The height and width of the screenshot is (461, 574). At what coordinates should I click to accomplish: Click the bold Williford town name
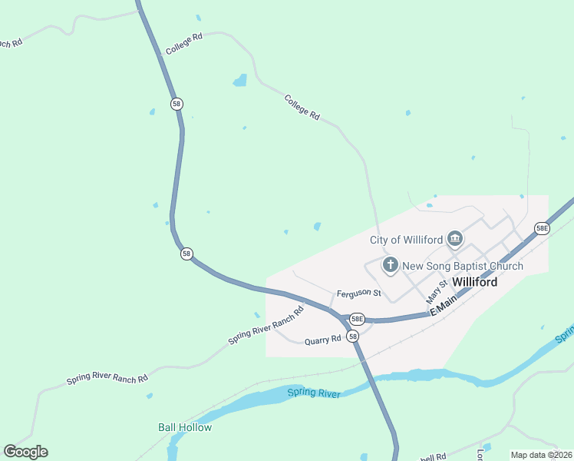474,282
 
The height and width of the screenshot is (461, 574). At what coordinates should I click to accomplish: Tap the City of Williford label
407,240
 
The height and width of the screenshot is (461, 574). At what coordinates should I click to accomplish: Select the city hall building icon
455,240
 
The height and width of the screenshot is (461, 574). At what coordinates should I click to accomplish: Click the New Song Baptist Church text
463,266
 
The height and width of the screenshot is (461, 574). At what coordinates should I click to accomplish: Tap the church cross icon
391,266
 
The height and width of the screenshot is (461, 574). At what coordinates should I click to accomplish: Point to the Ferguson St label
358,294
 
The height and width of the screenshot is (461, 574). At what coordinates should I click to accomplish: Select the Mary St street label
436,291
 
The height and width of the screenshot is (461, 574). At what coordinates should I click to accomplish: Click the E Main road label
444,308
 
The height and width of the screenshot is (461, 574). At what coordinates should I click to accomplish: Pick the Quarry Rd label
322,340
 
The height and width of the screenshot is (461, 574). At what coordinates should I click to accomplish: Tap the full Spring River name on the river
313,393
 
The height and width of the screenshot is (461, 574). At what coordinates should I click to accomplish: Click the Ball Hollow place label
185,427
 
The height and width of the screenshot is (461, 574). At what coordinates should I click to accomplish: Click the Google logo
25,452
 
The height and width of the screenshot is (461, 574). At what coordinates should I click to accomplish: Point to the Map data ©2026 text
541,455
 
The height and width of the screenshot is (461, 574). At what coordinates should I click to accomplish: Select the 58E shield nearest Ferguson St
356,318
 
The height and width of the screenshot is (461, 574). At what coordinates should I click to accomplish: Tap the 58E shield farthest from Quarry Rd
542,228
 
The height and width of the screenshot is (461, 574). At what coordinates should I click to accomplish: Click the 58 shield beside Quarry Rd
351,337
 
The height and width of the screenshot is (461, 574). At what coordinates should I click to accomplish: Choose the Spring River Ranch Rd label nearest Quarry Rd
266,326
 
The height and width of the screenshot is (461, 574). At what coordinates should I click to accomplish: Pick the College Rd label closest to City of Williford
302,106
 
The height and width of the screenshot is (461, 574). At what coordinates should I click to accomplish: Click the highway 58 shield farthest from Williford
177,103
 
